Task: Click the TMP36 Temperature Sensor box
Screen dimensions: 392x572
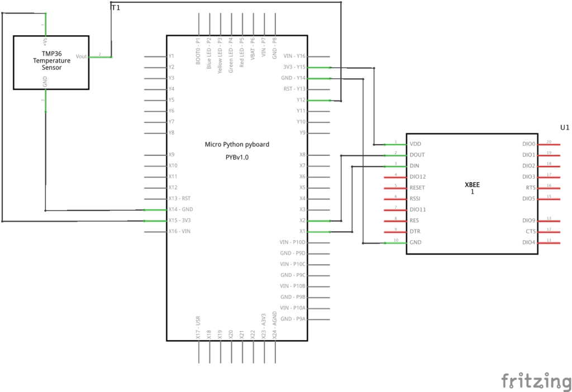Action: coord(51,63)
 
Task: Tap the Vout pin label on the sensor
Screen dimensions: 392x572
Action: coord(82,56)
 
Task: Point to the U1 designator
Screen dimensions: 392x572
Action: coord(565,127)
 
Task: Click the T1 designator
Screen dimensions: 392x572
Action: coord(116,8)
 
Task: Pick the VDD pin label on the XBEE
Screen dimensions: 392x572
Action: coord(416,144)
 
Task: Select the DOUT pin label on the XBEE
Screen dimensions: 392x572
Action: coord(417,155)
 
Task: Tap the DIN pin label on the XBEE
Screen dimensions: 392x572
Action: coord(414,166)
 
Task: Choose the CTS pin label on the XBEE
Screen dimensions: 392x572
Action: coord(530,231)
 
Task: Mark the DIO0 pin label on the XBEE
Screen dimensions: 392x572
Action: coord(528,144)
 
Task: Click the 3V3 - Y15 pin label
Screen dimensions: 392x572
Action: coord(294,67)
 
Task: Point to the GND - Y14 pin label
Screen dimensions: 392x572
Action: coord(294,78)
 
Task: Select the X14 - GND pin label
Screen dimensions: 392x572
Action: coord(180,209)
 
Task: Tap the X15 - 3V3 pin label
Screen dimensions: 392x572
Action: coord(180,221)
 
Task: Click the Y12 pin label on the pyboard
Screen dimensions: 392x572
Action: coord(301,100)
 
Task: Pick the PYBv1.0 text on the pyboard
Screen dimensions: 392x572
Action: coord(237,157)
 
